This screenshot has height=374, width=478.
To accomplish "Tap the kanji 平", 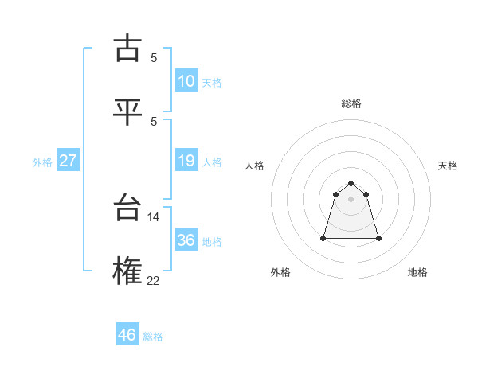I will pyautogui.click(x=128, y=111).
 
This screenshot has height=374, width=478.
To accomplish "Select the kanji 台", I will pyautogui.click(x=128, y=208).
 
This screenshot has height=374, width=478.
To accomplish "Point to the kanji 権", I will pyautogui.click(x=128, y=271).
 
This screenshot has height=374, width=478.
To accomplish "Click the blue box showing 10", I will pyautogui.click(x=186, y=80).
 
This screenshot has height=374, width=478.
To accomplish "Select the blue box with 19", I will pyautogui.click(x=186, y=161).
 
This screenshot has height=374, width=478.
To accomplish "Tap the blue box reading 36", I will pyautogui.click(x=186, y=240).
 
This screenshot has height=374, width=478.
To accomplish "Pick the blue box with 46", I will pyautogui.click(x=127, y=335).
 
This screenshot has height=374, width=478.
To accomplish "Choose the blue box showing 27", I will pyautogui.click(x=69, y=161).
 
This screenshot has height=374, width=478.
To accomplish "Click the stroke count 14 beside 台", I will pyautogui.click(x=154, y=216).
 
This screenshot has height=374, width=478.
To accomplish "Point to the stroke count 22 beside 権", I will pyautogui.click(x=154, y=279).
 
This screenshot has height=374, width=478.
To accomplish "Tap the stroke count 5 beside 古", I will pyautogui.click(x=154, y=57).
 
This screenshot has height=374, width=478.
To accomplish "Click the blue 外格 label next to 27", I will pyautogui.click(x=42, y=162).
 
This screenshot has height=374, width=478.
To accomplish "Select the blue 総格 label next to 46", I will pyautogui.click(x=153, y=337).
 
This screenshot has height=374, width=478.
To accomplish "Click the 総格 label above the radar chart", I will pyautogui.click(x=351, y=103).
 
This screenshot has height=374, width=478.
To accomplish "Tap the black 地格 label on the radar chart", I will pyautogui.click(x=417, y=272).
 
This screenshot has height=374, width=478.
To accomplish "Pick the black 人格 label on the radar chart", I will pyautogui.click(x=255, y=166).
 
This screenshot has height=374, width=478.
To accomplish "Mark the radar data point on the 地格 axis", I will pyautogui.click(x=378, y=238).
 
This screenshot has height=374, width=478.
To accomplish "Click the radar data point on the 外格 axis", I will pyautogui.click(x=324, y=238).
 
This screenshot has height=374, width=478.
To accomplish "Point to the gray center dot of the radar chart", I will pyautogui.click(x=351, y=199).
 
